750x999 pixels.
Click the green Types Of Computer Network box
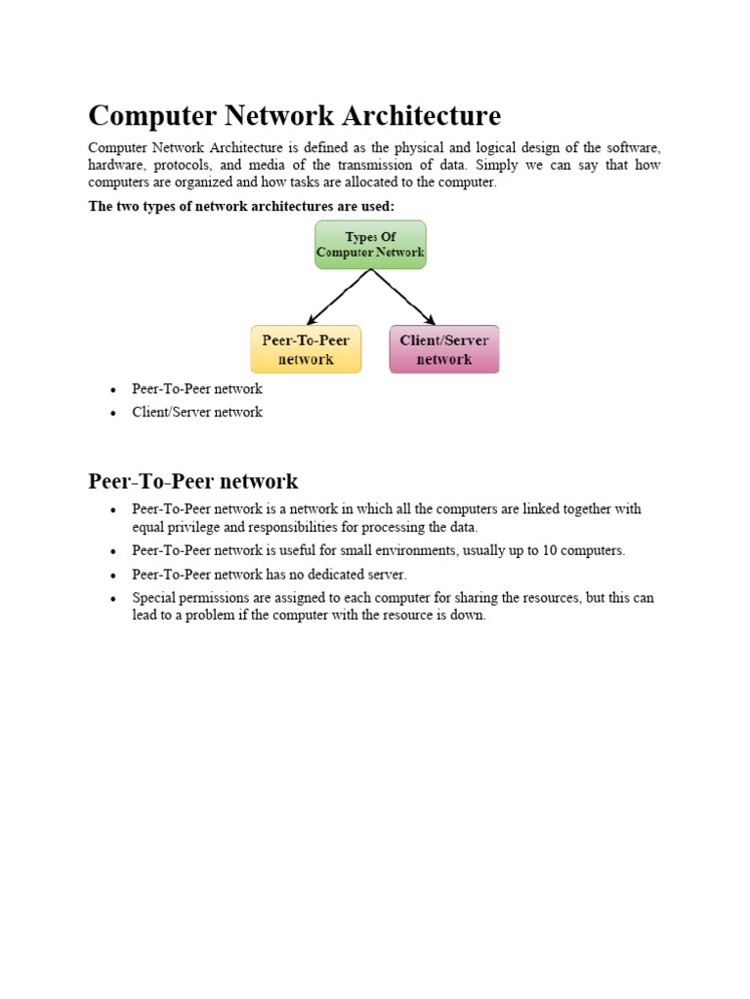tap(370, 244)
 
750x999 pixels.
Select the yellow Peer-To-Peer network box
tap(306, 349)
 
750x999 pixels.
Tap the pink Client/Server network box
tap(444, 349)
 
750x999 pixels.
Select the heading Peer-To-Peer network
tap(193, 481)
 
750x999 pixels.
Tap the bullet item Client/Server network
tap(197, 412)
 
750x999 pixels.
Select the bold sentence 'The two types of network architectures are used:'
tap(241, 206)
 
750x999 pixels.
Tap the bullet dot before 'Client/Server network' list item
tap(113, 413)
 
